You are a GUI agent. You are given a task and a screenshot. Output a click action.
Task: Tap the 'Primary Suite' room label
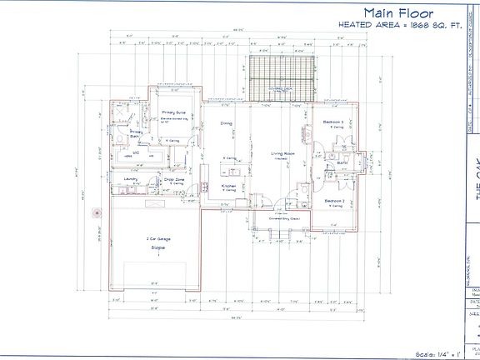tap(174, 112)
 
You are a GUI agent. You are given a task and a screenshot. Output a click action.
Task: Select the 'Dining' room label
tap(226, 123)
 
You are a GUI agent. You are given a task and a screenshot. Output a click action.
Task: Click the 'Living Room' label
tap(284, 153)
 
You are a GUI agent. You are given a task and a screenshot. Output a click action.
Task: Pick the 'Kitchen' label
tap(228, 185)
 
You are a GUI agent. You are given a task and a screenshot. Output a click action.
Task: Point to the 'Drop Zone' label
tap(174, 179)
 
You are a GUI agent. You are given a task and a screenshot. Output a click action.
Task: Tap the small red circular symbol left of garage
tap(97, 212)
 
